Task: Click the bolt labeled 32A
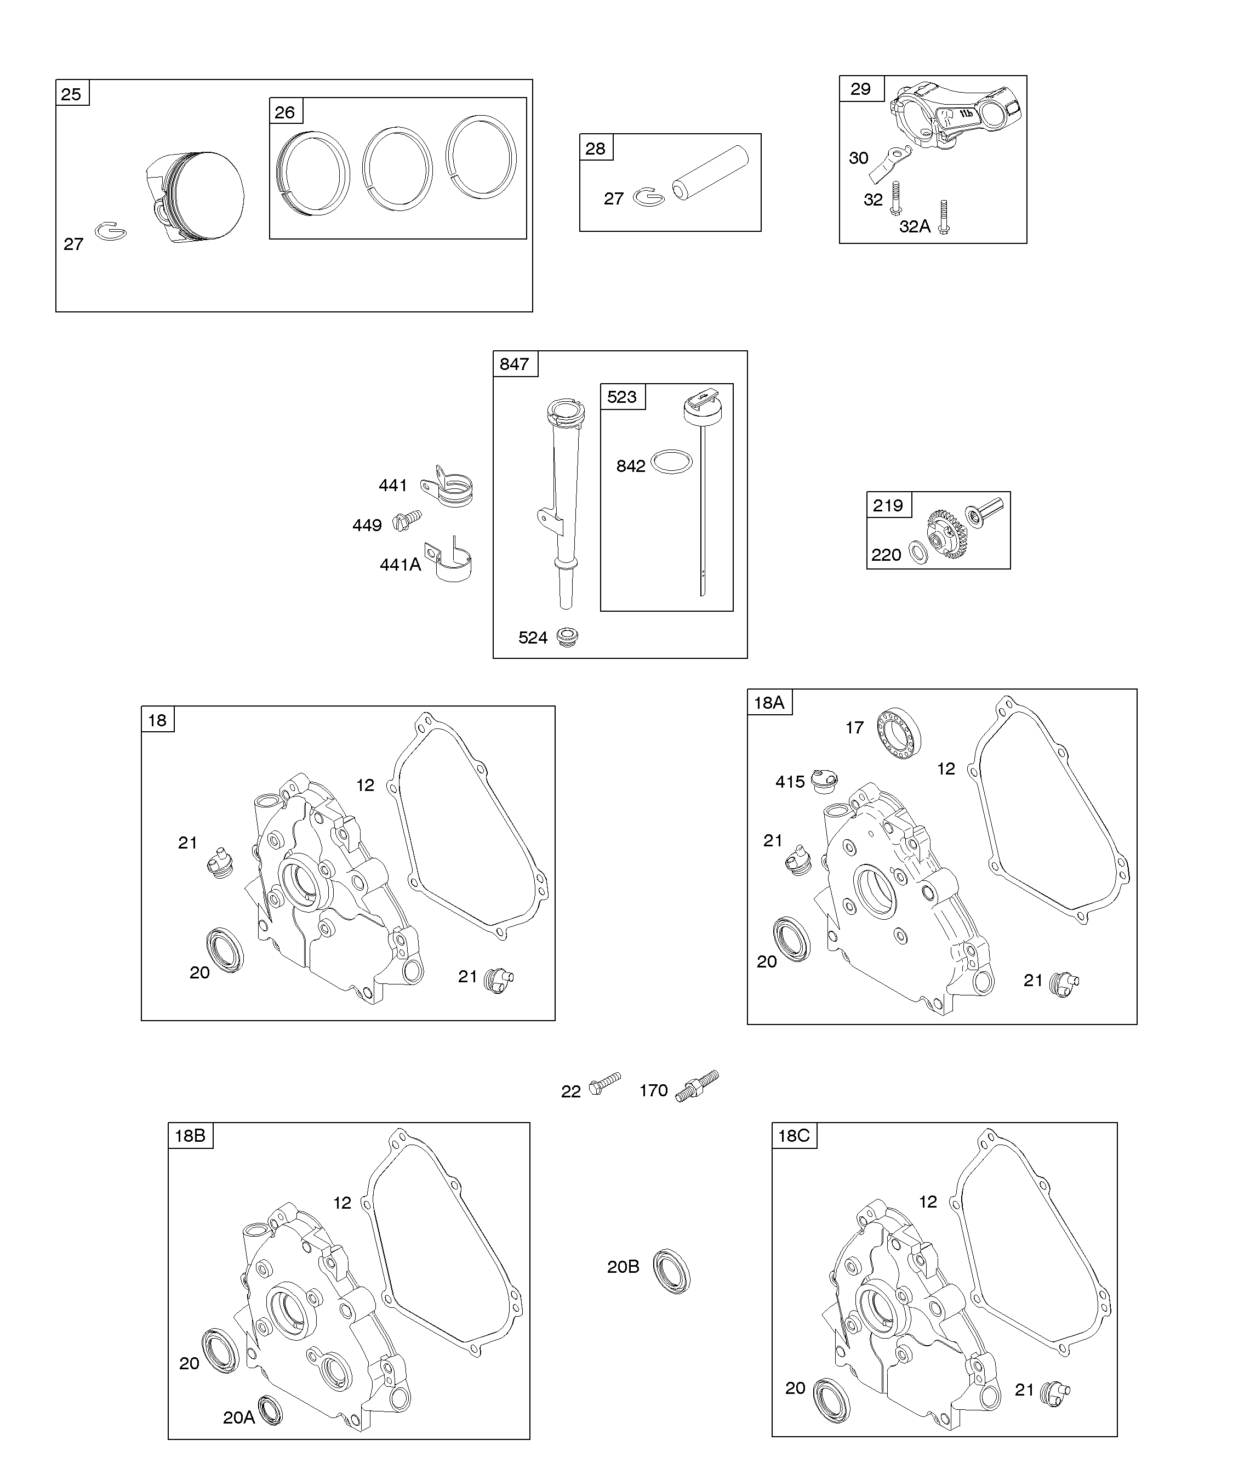pos(944,217)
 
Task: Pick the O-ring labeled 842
pos(671,462)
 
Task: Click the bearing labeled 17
pos(900,733)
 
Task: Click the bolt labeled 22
pos(605,1083)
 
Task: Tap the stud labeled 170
pos(697,1085)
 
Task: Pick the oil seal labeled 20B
pos(671,1271)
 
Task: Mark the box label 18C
pos(794,1135)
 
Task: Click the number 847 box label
pos(515,363)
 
